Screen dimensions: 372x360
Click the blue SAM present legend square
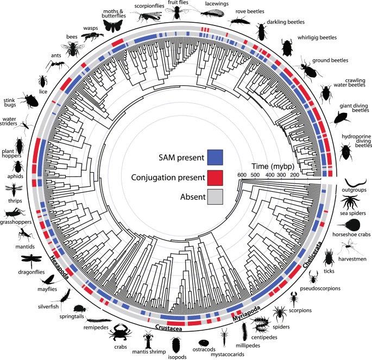click(215, 157)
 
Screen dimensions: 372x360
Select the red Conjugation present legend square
click(215, 178)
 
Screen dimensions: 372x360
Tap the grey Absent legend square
click(215, 197)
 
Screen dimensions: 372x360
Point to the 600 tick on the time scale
click(242, 175)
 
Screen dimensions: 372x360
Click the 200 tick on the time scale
click(294, 175)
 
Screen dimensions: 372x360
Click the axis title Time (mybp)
click(273, 166)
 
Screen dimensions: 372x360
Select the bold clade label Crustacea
click(168, 328)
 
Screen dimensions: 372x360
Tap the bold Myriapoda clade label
click(246, 313)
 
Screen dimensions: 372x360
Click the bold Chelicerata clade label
click(312, 255)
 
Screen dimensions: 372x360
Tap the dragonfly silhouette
click(31, 260)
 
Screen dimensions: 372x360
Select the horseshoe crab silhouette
click(349, 225)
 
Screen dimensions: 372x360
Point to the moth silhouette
click(114, 26)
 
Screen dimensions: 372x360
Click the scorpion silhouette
click(294, 299)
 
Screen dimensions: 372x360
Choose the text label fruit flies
click(178, 2)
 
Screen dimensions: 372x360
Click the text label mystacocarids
click(228, 355)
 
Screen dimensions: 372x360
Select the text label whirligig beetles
click(317, 37)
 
